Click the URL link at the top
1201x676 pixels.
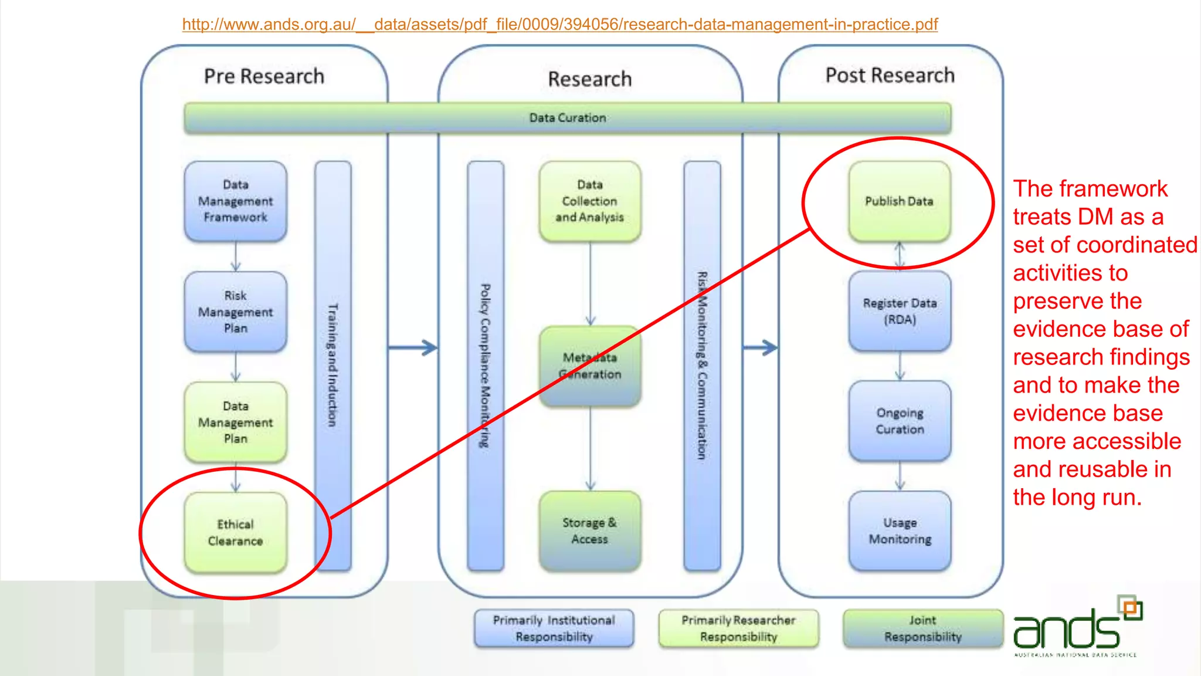(559, 25)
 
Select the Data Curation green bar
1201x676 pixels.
(567, 118)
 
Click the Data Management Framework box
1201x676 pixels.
(235, 201)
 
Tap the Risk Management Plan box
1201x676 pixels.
(235, 312)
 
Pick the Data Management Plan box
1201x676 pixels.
(235, 422)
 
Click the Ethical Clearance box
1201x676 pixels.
(235, 532)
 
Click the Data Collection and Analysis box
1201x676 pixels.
(589, 201)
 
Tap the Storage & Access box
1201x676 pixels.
(589, 530)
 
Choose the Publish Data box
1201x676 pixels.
(899, 201)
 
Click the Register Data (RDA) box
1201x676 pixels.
(899, 311)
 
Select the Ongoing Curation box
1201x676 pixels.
(899, 421)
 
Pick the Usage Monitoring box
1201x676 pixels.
(899, 530)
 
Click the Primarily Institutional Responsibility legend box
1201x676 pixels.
(554, 628)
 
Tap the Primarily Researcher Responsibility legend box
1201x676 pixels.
(738, 628)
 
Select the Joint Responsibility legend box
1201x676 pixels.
(922, 628)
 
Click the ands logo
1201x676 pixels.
(1076, 628)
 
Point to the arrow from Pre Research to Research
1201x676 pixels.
(413, 347)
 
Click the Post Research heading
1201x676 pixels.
(890, 75)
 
